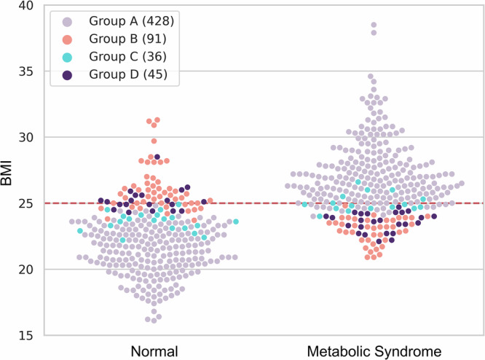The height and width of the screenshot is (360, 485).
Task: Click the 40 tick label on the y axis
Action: pyautogui.click(x=28, y=6)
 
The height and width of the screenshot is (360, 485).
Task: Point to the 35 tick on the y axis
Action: pyautogui.click(x=28, y=71)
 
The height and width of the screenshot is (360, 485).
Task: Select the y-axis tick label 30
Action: pyautogui.click(x=28, y=137)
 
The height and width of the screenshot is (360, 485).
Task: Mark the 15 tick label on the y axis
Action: pyautogui.click(x=28, y=335)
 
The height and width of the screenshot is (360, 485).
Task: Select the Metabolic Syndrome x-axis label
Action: pyautogui.click(x=374, y=349)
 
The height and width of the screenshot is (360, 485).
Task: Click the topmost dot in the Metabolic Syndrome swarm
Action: pyautogui.click(x=374, y=26)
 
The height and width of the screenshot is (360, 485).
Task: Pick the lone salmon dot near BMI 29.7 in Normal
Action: pyautogui.click(x=154, y=141)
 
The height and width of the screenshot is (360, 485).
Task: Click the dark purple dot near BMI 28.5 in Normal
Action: pyautogui.click(x=157, y=157)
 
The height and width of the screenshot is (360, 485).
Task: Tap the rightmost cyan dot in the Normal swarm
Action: pyautogui.click(x=236, y=222)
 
